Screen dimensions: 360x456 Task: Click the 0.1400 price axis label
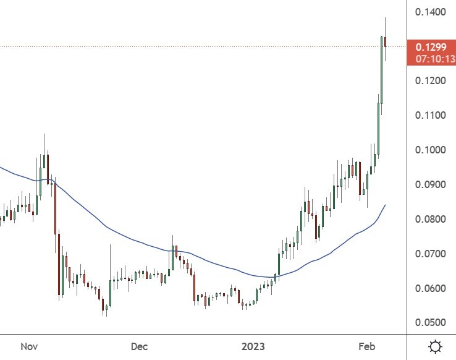tap(431, 12)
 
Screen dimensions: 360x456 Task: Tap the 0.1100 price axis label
tap(431, 116)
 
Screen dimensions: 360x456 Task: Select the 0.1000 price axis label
tap(431, 150)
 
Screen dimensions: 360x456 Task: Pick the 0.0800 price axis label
tap(431, 220)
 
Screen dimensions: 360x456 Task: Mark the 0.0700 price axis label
tap(431, 254)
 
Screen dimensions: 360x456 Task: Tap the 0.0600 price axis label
tap(431, 289)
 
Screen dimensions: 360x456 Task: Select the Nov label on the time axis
tap(29, 346)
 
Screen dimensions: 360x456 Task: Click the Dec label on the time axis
tap(140, 346)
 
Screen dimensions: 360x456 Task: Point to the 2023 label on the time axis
tap(253, 346)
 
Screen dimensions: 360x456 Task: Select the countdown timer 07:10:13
tap(435, 59)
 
